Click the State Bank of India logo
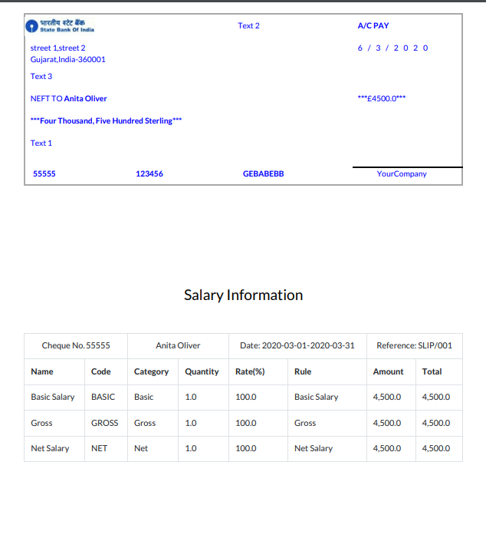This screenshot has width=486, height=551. (x=61, y=26)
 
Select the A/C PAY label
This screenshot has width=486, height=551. (x=373, y=26)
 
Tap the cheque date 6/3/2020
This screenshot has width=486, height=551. (x=392, y=48)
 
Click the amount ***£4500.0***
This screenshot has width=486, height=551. (x=382, y=98)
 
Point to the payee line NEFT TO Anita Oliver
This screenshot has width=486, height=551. (x=68, y=98)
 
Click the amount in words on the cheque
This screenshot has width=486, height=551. (x=106, y=120)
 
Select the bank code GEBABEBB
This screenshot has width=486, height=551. (x=263, y=173)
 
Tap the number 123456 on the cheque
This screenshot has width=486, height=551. (x=149, y=173)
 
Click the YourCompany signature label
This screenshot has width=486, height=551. (x=402, y=173)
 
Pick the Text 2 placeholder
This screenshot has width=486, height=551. (x=248, y=26)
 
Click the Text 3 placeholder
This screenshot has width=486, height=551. (x=41, y=76)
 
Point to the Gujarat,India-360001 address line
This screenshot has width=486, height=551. (x=67, y=59)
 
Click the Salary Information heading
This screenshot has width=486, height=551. (x=243, y=295)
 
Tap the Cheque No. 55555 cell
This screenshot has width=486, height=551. (x=76, y=345)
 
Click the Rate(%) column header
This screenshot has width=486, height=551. (x=250, y=371)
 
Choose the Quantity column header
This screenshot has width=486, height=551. (x=202, y=371)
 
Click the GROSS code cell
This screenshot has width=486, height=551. (x=104, y=423)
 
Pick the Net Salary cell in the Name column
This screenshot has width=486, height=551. (x=50, y=448)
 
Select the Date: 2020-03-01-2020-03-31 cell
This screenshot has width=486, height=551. (x=297, y=345)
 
